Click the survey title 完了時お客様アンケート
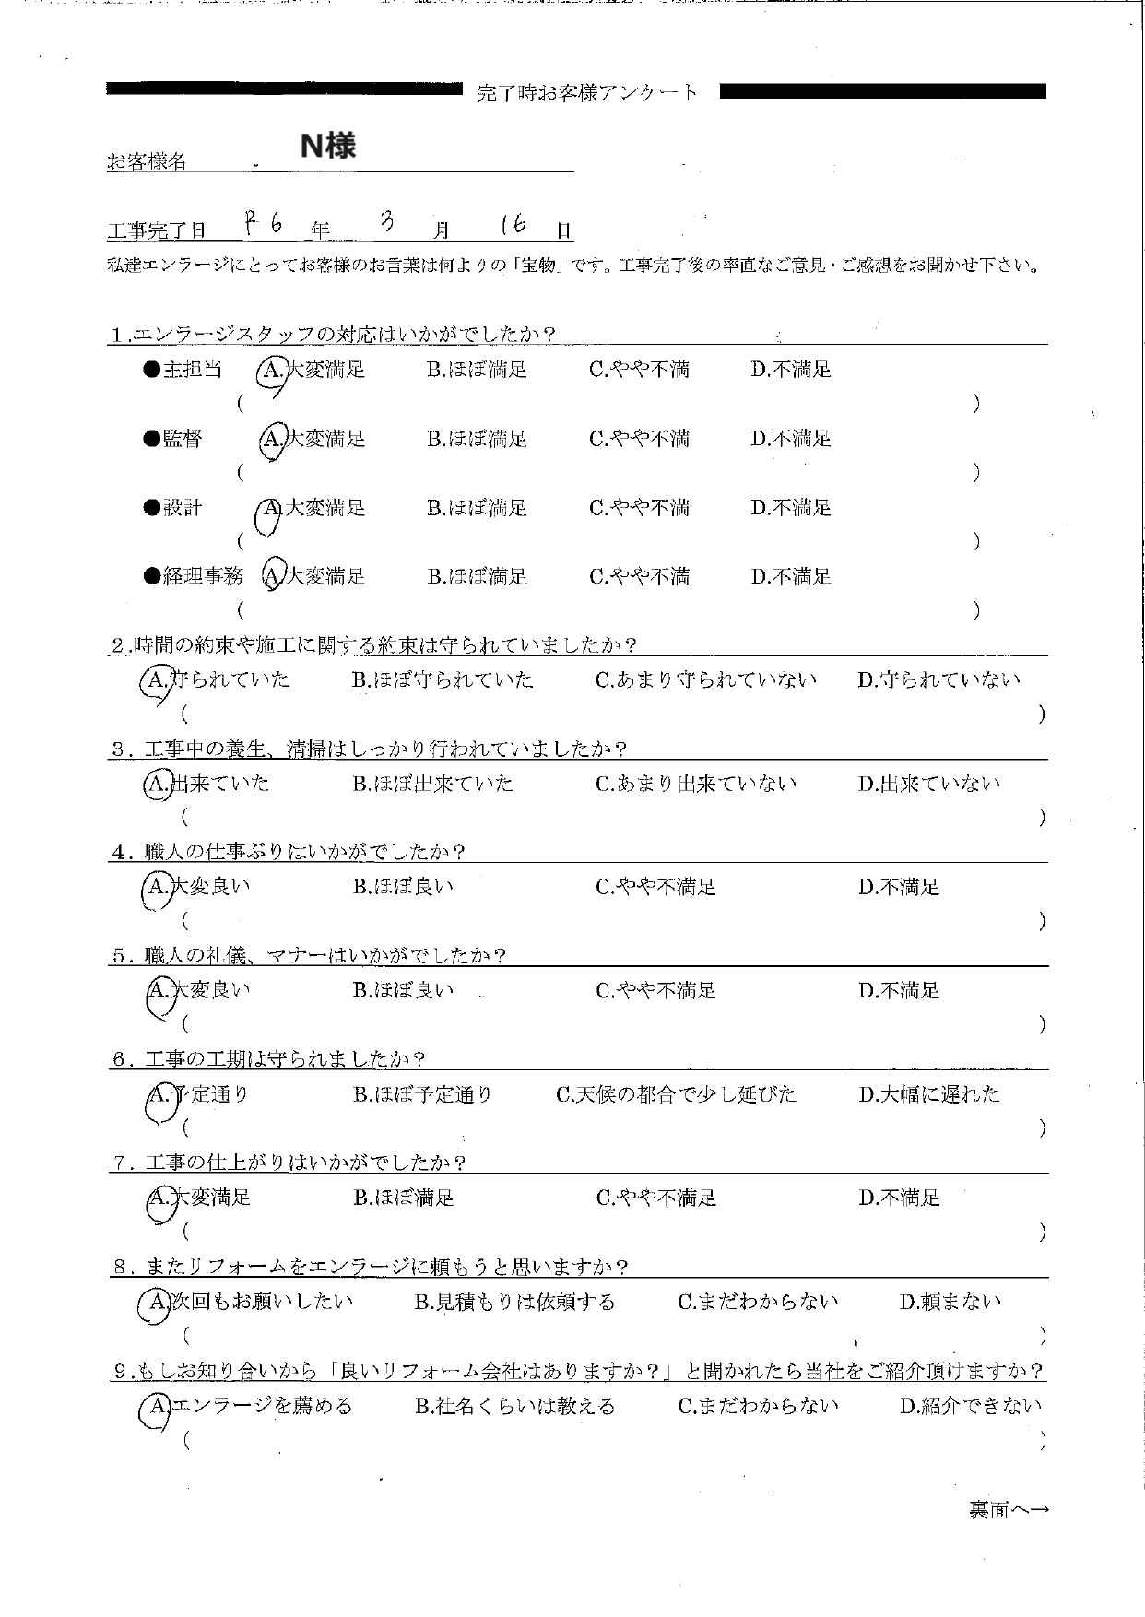coord(588,93)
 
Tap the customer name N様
coord(328,147)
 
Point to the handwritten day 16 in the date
coord(513,227)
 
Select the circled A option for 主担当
coord(273,371)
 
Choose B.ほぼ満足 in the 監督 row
coord(477,439)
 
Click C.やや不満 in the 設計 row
coord(639,508)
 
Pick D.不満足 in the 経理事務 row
coord(791,577)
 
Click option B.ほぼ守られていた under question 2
coord(443,680)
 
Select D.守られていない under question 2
coord(939,680)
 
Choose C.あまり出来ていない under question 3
coord(696,785)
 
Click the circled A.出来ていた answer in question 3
coord(207,785)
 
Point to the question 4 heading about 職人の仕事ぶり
coord(288,852)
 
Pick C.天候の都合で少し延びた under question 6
coord(676,1095)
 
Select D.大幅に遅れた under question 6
coord(929,1095)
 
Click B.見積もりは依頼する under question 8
coord(514,1303)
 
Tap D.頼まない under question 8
coord(950,1303)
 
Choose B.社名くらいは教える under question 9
coord(514,1407)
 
